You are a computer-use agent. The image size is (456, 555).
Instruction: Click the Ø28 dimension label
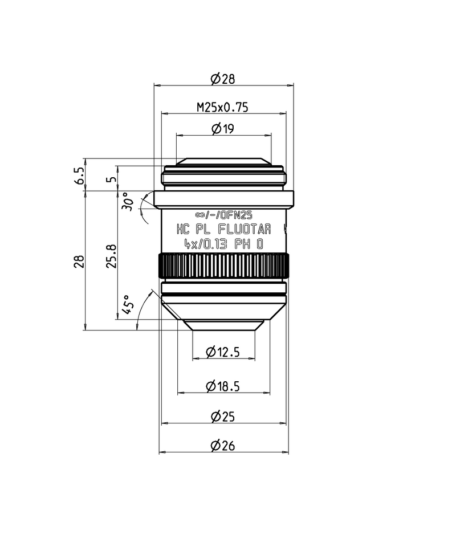pos(222,79)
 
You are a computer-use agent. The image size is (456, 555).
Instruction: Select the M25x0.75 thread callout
pos(222,107)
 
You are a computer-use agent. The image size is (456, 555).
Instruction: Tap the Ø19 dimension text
pos(222,129)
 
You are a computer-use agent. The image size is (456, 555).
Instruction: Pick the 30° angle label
pos(129,203)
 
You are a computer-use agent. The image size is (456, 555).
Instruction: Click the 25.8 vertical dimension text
pos(112,256)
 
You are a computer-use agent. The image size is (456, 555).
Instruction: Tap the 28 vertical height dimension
pos(80,260)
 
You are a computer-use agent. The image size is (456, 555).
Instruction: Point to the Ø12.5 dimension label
pos(223,352)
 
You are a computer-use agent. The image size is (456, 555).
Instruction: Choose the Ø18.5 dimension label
pos(223,386)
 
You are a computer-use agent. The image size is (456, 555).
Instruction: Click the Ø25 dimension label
pos(222,417)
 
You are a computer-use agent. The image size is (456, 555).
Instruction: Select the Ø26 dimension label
pos(222,446)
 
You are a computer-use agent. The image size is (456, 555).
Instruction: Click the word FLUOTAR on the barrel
pos(245,230)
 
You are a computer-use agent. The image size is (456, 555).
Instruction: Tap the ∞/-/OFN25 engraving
pos(223,215)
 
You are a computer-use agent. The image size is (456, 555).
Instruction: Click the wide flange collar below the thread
pos(223,198)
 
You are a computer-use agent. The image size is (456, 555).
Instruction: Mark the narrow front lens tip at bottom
pos(223,325)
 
